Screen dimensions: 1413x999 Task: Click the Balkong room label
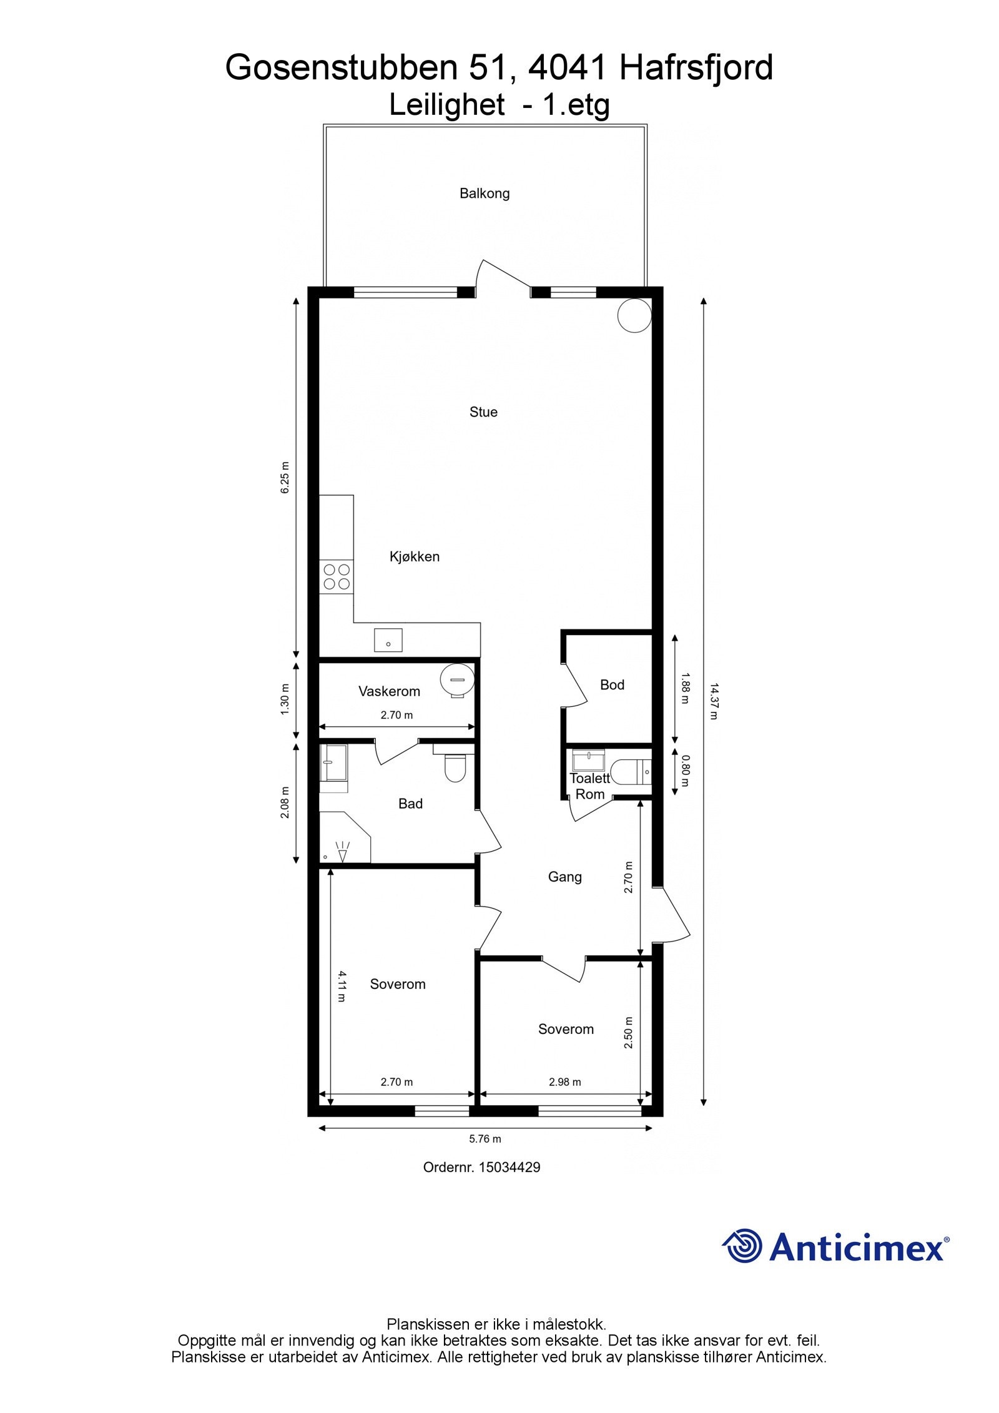tap(485, 194)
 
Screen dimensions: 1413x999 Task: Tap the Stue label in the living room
tap(483, 412)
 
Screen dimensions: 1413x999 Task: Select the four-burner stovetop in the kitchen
tap(336, 577)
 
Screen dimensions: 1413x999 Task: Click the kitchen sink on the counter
tap(388, 640)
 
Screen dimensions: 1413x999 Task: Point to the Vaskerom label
tap(389, 691)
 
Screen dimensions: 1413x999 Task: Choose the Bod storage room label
tap(612, 685)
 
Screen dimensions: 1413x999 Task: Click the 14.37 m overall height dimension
tap(713, 702)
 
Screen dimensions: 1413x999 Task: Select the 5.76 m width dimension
tap(485, 1138)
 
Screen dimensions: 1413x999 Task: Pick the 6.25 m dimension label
tap(285, 478)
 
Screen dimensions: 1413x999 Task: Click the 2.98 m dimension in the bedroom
tap(565, 1082)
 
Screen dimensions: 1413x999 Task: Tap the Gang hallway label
tap(564, 877)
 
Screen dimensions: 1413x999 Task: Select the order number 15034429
tap(509, 1167)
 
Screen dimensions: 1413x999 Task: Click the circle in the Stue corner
tap(634, 315)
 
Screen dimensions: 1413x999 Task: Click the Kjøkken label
tap(415, 556)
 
